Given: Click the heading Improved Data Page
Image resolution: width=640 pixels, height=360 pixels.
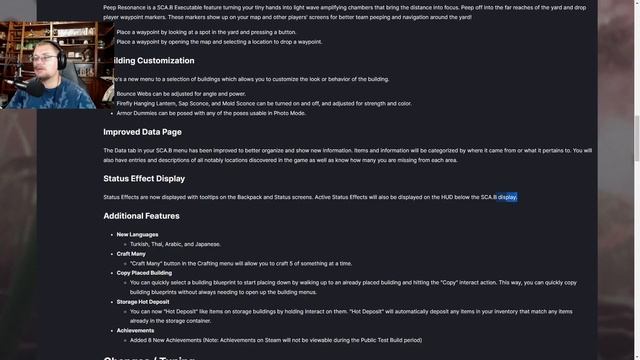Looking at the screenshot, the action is [x=142, y=132].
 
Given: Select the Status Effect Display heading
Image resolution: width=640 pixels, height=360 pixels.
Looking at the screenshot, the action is [x=144, y=179].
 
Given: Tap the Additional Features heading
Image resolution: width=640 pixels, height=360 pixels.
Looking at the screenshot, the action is [x=141, y=216].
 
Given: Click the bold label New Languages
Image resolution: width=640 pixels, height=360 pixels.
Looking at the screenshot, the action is [x=138, y=235].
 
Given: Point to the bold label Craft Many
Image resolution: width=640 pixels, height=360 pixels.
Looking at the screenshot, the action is [x=131, y=254].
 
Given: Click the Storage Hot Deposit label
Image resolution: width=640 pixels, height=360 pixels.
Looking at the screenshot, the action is [x=143, y=301].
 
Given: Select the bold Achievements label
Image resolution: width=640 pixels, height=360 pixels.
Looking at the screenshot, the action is [x=135, y=330].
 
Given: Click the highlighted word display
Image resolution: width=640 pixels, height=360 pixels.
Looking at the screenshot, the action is [x=507, y=197].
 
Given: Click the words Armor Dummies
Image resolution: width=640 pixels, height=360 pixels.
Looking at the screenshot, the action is [x=135, y=112].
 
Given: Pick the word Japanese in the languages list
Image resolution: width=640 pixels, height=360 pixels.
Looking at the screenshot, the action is [x=206, y=244].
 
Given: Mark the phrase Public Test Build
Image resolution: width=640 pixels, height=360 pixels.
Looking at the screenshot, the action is [x=374, y=340].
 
